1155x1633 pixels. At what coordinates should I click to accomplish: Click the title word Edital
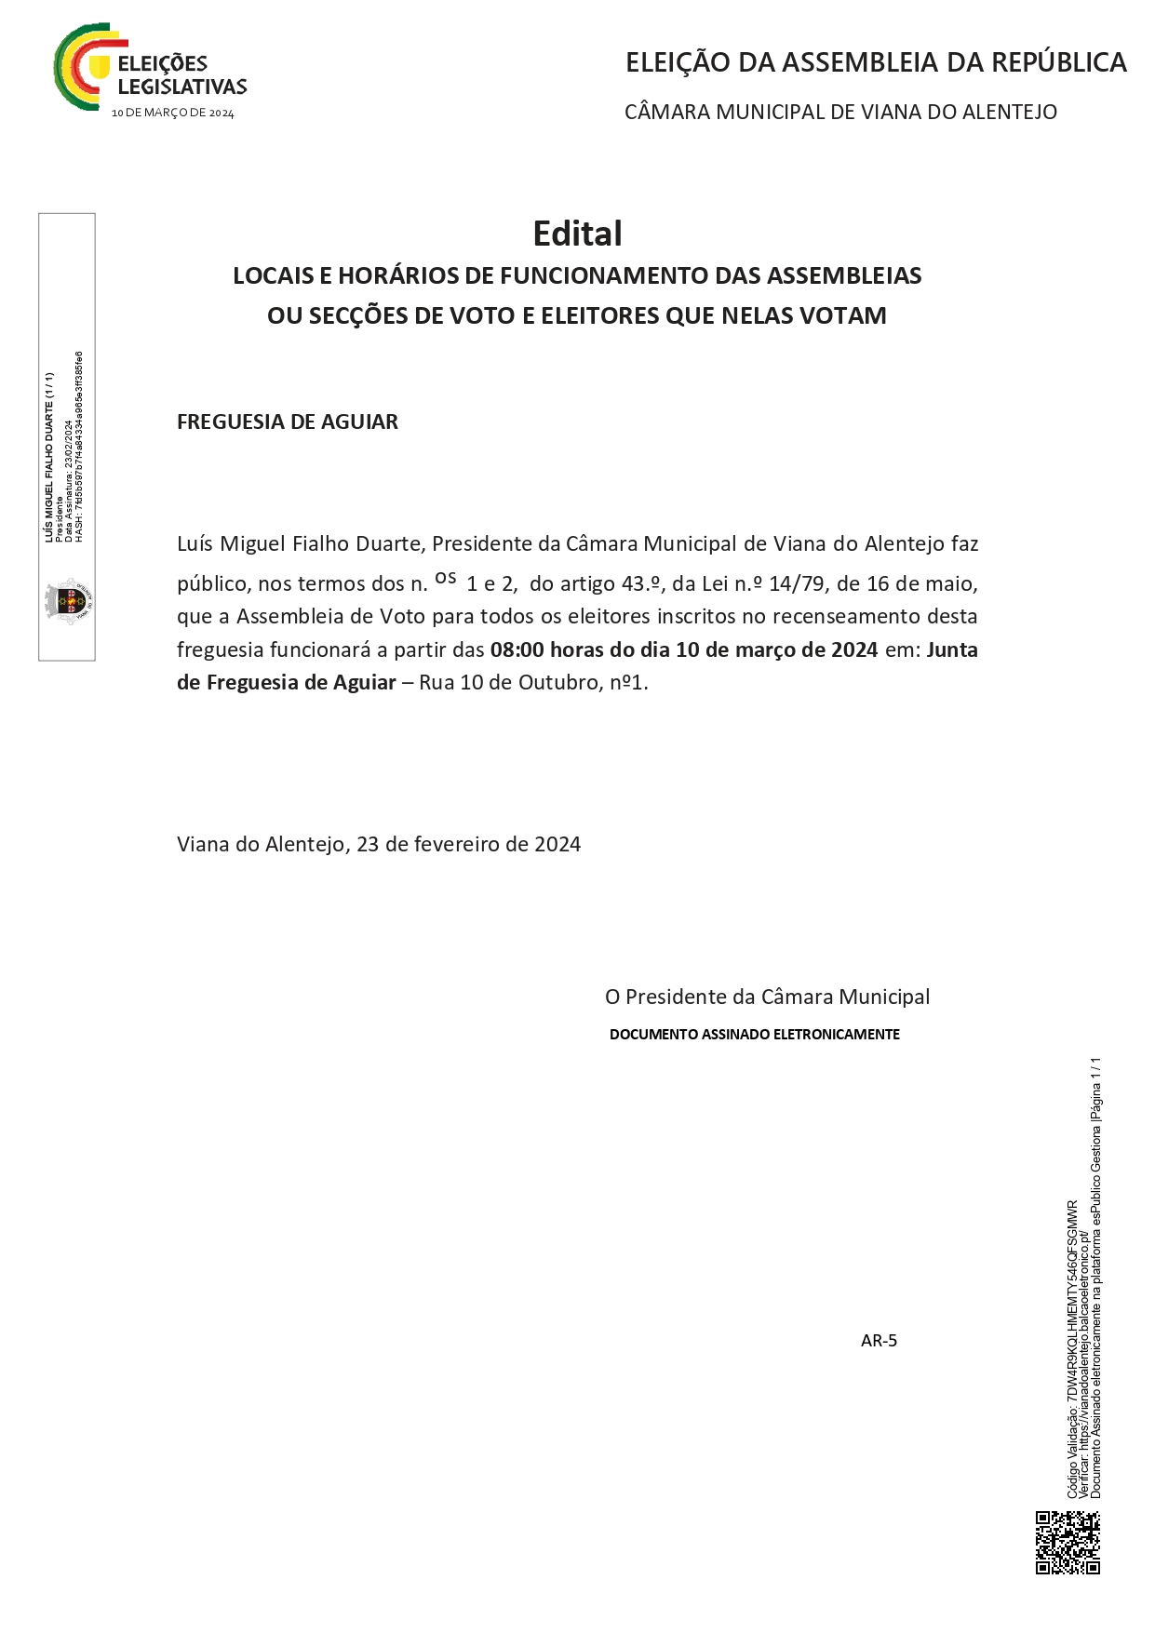[577, 234]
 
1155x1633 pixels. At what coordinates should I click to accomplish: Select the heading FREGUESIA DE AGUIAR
[288, 422]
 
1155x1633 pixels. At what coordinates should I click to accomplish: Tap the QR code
[1068, 1542]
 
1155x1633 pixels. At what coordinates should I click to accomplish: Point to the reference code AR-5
[879, 1340]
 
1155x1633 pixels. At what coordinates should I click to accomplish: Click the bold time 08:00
[517, 649]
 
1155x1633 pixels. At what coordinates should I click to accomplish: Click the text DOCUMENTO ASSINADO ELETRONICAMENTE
[754, 1034]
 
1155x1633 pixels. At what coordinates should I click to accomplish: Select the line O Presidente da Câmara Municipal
[767, 997]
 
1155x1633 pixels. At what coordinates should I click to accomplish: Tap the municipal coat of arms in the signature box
[69, 600]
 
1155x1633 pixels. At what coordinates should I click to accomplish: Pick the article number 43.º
[641, 583]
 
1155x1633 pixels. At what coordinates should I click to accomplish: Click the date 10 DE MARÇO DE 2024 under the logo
[173, 113]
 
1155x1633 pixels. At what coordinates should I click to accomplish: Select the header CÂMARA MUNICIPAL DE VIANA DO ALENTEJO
[840, 112]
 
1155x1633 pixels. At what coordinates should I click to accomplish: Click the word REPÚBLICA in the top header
[1058, 62]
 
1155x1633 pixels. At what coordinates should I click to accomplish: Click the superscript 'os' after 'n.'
[446, 578]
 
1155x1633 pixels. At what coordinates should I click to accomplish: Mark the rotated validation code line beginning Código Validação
[1072, 1349]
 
